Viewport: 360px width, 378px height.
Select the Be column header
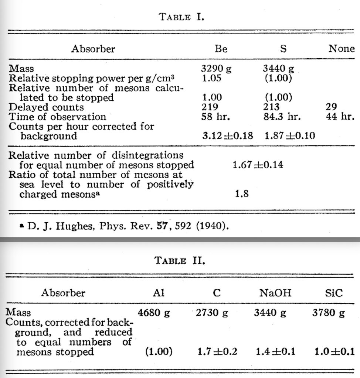click(221, 49)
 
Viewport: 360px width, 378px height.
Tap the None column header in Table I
click(341, 49)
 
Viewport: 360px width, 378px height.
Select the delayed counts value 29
click(332, 107)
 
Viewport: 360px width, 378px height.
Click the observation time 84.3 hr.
click(283, 117)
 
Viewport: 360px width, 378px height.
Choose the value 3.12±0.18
click(227, 136)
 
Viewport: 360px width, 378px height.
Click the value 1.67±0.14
click(258, 165)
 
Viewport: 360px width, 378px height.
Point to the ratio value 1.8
click(241, 193)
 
